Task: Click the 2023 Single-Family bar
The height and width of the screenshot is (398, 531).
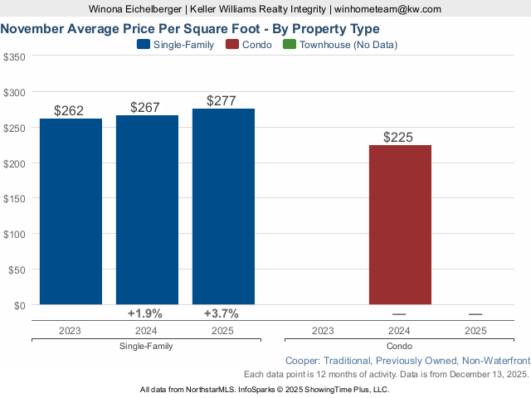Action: pos(71,211)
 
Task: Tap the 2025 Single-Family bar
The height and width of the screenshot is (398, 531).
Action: pos(223,206)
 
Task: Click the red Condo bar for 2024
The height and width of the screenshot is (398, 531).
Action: pos(400,225)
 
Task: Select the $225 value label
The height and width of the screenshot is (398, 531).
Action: pos(399,137)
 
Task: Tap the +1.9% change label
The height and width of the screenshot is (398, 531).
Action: pos(145,313)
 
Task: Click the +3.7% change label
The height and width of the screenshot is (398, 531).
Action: pos(222,313)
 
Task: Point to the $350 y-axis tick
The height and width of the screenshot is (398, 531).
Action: pos(14,57)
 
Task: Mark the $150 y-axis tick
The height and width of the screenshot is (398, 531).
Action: pos(14,198)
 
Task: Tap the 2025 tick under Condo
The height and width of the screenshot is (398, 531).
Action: pos(475,330)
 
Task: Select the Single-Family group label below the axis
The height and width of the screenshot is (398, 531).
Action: pos(146,346)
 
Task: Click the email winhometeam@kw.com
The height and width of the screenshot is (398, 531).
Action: pos(388,9)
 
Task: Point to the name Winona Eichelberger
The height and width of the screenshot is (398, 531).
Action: pos(139,9)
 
